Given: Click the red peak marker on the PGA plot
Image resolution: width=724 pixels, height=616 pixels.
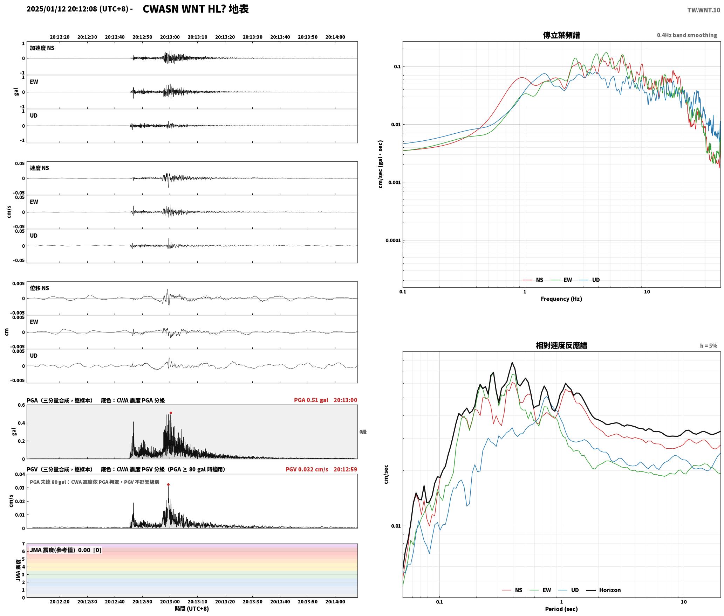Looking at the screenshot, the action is (x=171, y=413).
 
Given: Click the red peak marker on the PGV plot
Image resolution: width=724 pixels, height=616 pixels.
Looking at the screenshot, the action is (x=168, y=485).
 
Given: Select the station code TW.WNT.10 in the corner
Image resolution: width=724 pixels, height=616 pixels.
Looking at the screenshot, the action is (x=704, y=10).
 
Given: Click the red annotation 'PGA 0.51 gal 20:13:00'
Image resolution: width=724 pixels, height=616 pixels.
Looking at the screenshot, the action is (x=326, y=400).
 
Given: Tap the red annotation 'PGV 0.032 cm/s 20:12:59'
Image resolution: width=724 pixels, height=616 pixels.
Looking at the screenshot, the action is (x=321, y=469).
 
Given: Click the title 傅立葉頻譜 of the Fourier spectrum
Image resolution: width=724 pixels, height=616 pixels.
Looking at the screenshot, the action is (x=561, y=35).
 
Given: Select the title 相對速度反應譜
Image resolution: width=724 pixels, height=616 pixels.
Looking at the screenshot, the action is (x=561, y=345).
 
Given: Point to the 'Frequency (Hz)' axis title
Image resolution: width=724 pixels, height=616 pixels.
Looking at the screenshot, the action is (x=561, y=299).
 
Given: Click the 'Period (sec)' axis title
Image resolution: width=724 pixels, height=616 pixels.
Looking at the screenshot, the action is (x=561, y=609).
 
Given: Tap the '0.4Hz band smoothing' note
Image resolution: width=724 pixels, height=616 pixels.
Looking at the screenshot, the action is (x=687, y=35).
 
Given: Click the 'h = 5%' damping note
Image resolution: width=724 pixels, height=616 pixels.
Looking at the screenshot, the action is (x=709, y=346).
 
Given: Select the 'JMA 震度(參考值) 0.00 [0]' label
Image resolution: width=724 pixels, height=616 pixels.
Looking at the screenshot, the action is (x=66, y=550).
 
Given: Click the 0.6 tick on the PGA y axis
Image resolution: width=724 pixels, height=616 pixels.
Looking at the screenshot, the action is (x=21, y=405).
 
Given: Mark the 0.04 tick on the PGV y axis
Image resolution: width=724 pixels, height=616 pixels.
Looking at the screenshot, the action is (x=20, y=475).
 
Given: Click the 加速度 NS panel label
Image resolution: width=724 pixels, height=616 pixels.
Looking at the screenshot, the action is (x=42, y=48).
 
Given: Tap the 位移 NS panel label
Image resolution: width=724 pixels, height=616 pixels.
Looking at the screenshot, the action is (x=40, y=288).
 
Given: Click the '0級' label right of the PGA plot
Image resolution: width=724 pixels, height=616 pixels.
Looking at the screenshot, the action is (x=363, y=432).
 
